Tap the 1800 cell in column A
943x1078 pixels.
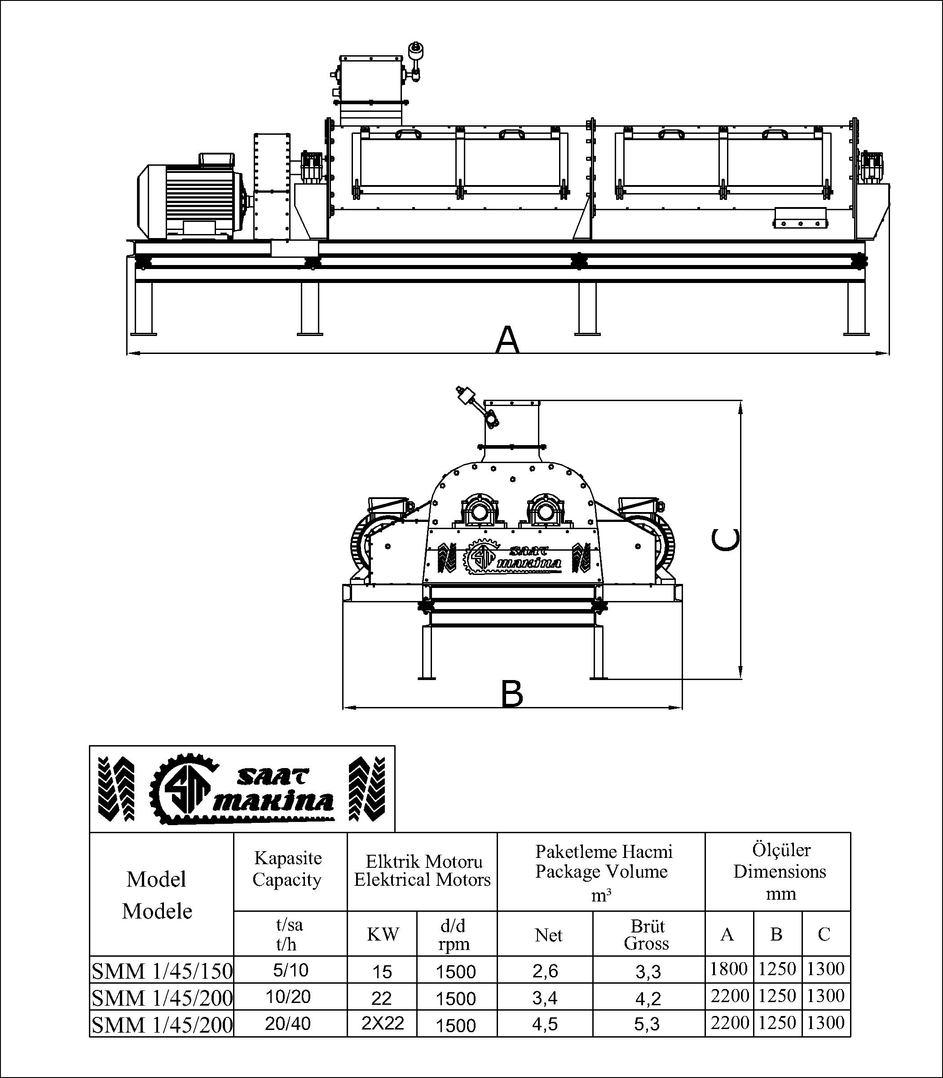(729, 969)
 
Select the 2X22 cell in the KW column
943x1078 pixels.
(382, 1023)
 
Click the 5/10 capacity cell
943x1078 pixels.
(291, 970)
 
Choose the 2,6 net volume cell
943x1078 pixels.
(545, 970)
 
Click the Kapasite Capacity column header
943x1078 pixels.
(288, 869)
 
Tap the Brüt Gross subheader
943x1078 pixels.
(647, 934)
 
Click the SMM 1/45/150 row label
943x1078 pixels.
(162, 971)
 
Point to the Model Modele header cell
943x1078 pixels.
(157, 895)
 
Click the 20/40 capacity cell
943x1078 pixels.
(288, 1023)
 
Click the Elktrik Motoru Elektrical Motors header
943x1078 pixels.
(423, 871)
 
